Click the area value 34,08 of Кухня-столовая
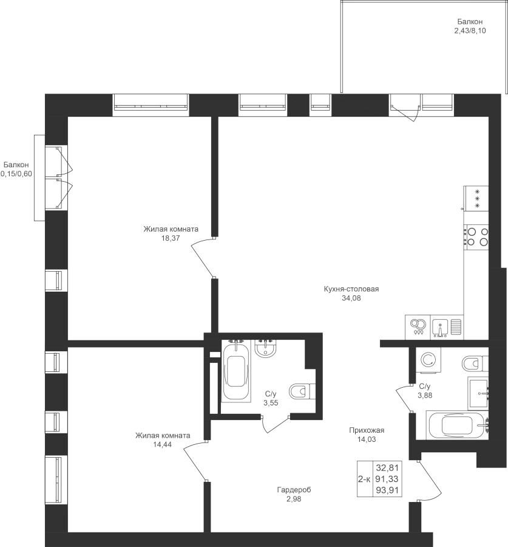point(351,298)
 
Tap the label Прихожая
point(367,430)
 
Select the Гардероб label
point(294,490)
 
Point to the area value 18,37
point(171,238)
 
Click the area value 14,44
point(163,444)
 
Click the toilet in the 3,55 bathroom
point(302,391)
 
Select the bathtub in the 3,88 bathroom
point(457,425)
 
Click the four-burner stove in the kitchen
point(476,236)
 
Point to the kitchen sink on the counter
point(441,327)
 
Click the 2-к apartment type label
point(364,480)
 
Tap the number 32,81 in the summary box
point(387,467)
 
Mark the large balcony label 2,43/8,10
point(470,31)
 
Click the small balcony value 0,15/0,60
point(16,174)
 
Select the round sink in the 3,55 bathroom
point(266,348)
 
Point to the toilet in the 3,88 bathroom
point(475,363)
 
